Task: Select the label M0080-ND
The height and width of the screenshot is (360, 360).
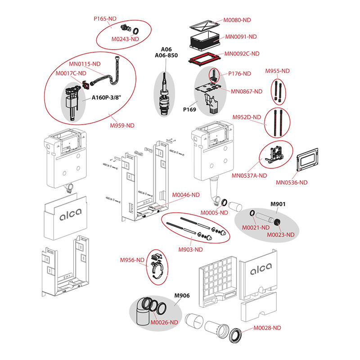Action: click(238, 20)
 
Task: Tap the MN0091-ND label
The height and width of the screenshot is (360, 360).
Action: click(241, 37)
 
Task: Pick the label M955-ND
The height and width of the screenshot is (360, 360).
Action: click(277, 71)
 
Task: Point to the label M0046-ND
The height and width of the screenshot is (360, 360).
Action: click(186, 195)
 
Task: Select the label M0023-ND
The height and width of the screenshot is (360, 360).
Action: click(280, 234)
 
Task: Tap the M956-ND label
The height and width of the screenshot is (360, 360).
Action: click(132, 260)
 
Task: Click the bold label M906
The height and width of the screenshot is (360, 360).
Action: click(182, 296)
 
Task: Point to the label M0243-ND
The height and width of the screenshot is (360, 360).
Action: click(124, 39)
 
